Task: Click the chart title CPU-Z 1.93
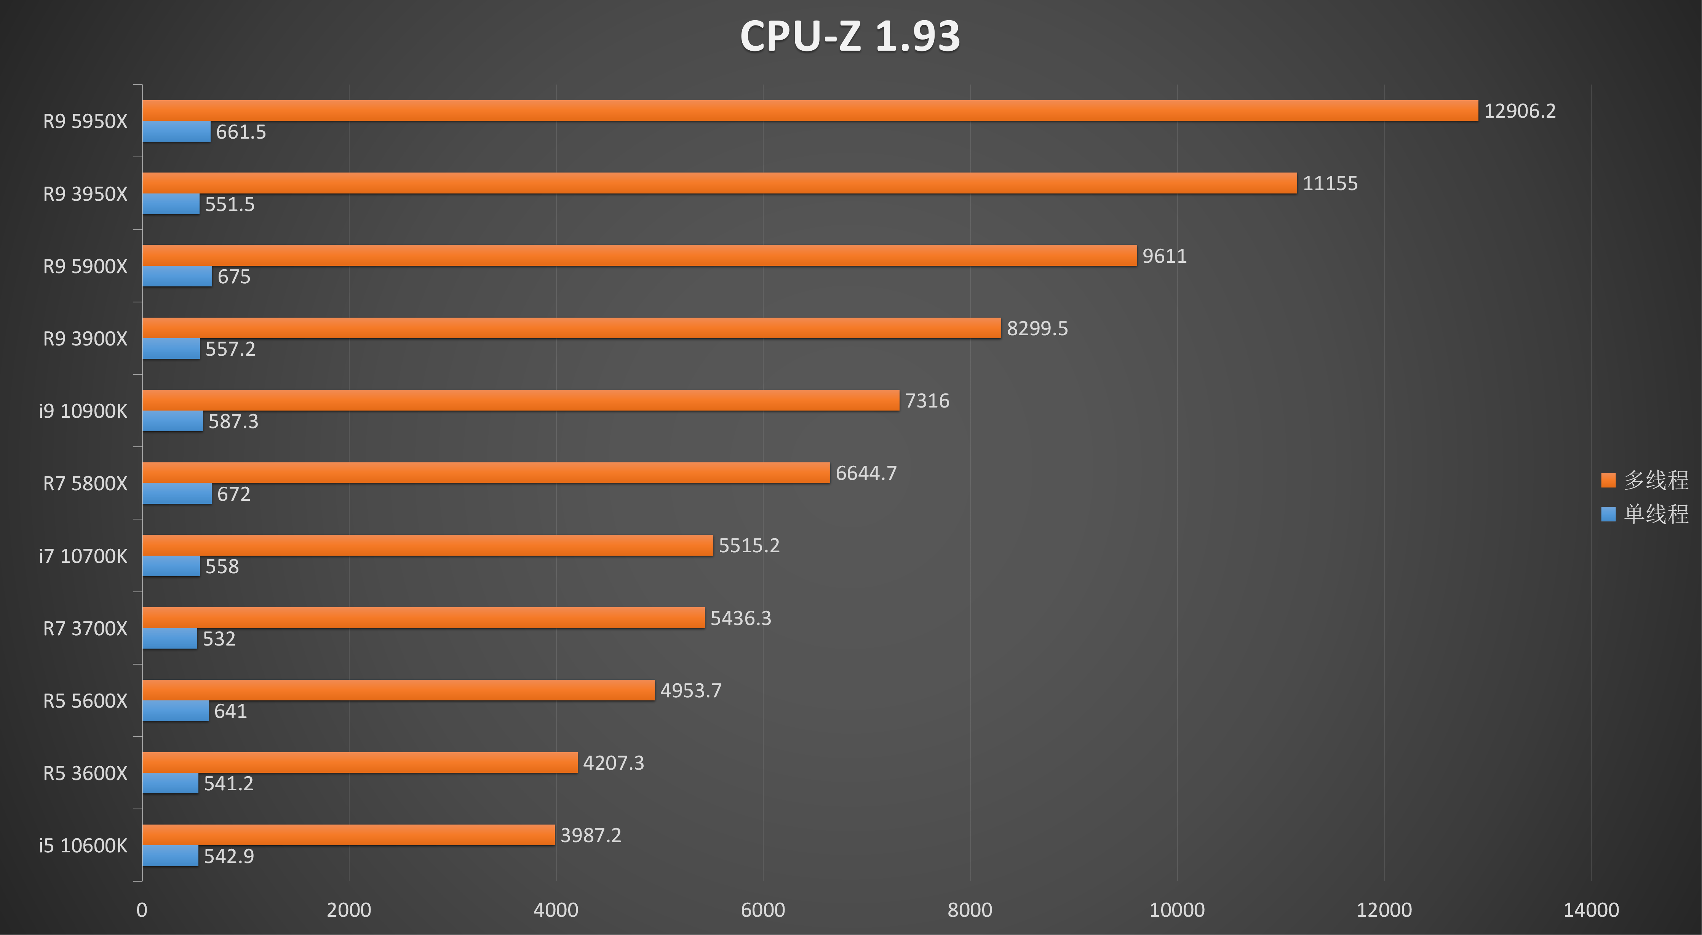tap(850, 36)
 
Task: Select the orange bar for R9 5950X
tap(810, 110)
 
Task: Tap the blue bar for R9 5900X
tap(177, 276)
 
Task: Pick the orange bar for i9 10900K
tap(521, 400)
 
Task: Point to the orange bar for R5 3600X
tap(360, 762)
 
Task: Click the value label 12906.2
tap(1520, 111)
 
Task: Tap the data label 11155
tap(1330, 183)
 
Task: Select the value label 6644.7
tap(866, 473)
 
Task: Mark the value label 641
tap(230, 711)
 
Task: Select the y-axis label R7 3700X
tap(85, 628)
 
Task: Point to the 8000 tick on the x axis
tap(970, 910)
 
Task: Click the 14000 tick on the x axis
tap(1591, 910)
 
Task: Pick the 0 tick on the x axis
tap(142, 910)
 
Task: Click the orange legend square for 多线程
tap(1608, 480)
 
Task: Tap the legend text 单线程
tap(1656, 514)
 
